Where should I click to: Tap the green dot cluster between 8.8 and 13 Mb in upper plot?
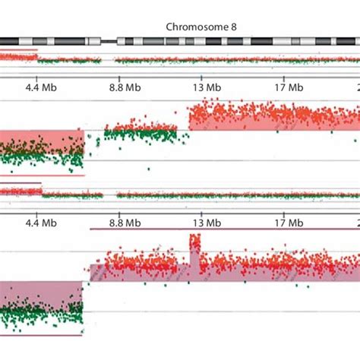coord(141,135)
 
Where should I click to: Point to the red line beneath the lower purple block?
coord(42,336)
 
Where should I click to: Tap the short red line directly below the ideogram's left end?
coord(18,50)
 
